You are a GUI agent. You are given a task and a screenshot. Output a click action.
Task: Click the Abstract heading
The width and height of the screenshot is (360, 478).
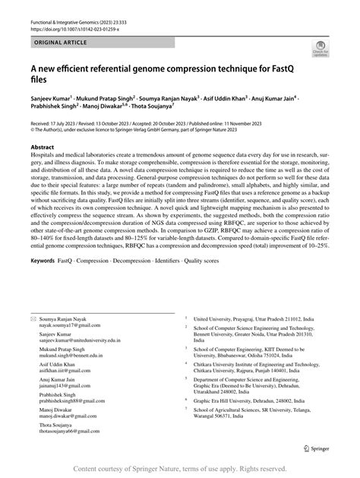[43, 147]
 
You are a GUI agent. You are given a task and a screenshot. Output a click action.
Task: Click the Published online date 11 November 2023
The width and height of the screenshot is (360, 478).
[274, 122]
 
